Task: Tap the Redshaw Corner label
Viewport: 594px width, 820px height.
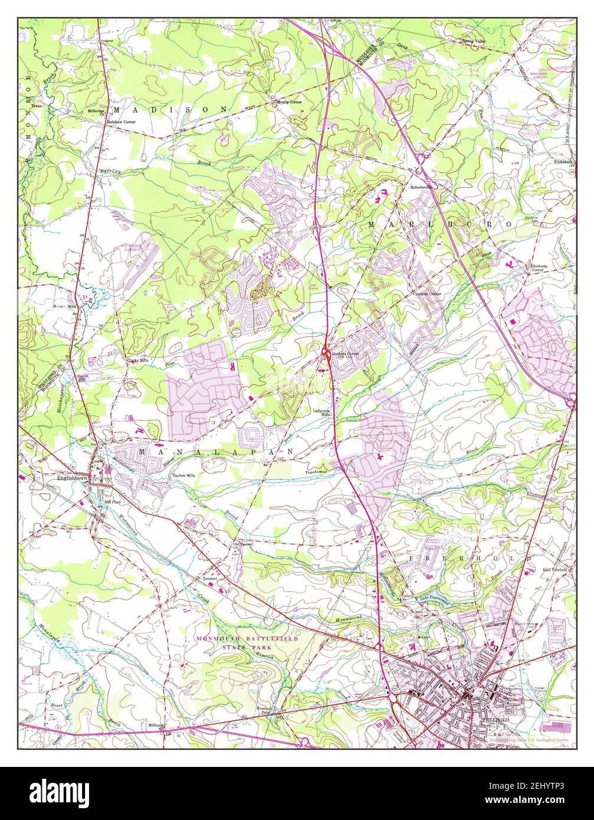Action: pyautogui.click(x=121, y=122)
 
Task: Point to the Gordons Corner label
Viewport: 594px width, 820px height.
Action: pyautogui.click(x=344, y=354)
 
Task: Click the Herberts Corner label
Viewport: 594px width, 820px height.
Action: pyautogui.click(x=540, y=268)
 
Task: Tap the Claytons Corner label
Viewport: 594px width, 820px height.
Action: pyautogui.click(x=426, y=293)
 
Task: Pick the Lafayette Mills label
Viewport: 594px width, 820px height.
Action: pyautogui.click(x=322, y=412)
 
